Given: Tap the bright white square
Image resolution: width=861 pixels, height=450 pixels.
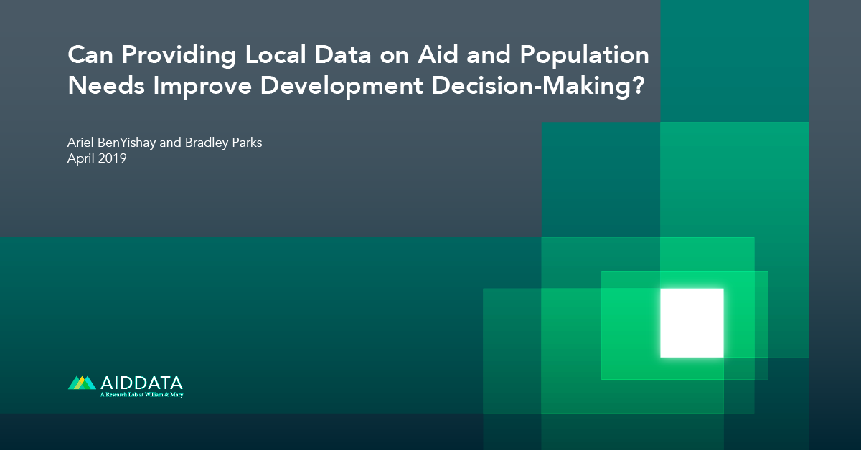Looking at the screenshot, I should (692, 322).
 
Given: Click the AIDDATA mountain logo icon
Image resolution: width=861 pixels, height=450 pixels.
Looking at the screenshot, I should (81, 383).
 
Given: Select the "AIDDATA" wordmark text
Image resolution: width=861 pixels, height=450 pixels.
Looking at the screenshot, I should (141, 382).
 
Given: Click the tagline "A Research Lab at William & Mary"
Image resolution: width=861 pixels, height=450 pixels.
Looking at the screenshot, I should (141, 395).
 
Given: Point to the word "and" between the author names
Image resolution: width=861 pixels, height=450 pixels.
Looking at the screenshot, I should (171, 143).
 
